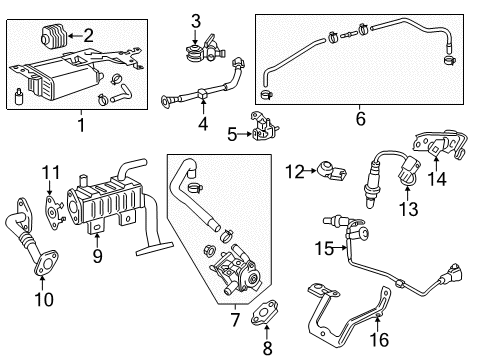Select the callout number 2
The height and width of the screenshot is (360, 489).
coord(88,36)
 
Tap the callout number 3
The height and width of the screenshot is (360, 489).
coord(196,21)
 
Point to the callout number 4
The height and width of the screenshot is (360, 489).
coord(203,125)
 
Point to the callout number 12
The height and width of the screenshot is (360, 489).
coord(293,173)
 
